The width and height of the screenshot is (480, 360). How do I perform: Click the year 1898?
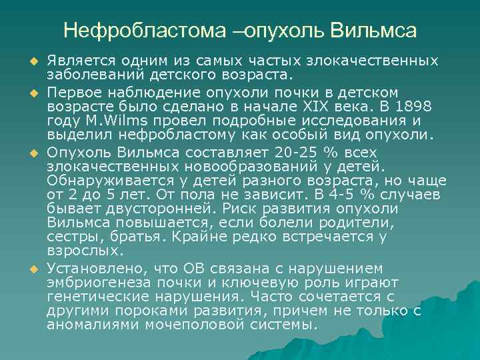pos(415,107)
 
